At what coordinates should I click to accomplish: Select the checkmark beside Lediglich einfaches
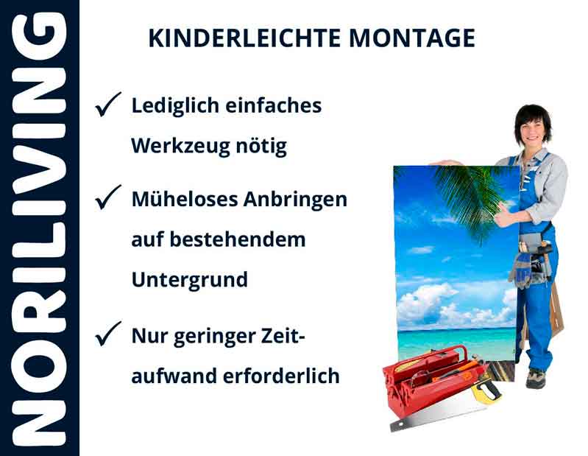point(108,106)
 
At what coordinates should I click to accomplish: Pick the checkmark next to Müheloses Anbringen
point(108,199)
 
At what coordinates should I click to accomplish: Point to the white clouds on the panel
point(434,298)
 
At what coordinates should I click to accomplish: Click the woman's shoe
point(536,379)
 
